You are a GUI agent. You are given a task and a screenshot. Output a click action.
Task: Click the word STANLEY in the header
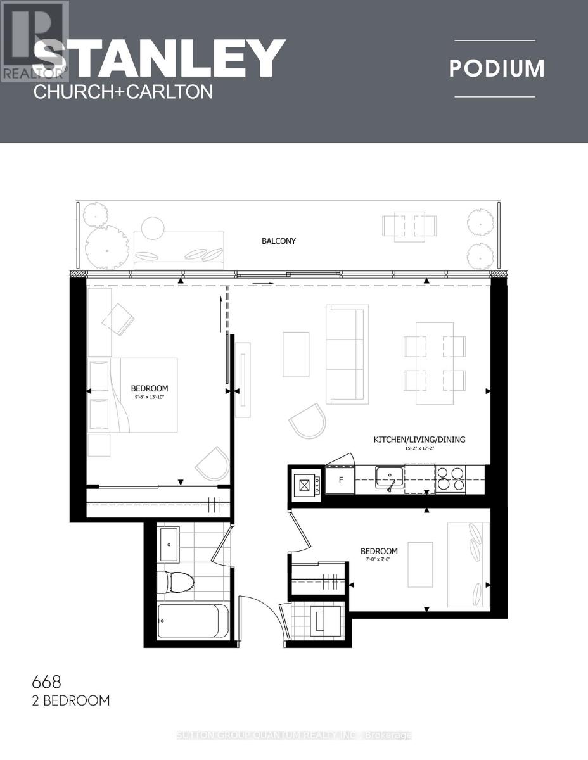(x=158, y=59)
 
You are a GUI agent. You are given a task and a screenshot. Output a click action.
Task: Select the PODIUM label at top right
(x=497, y=68)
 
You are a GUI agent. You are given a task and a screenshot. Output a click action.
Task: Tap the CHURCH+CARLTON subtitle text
(x=122, y=92)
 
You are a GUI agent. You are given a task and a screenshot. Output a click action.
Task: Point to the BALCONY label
(x=279, y=241)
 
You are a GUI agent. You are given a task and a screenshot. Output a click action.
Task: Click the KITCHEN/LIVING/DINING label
(x=424, y=439)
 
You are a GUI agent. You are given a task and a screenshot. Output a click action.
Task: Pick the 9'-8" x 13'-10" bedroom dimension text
(x=150, y=397)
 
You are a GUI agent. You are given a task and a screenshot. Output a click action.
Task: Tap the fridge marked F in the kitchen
(x=341, y=479)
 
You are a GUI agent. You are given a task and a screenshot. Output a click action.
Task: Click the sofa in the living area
(x=347, y=354)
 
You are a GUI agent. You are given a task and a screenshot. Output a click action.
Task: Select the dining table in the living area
(x=435, y=363)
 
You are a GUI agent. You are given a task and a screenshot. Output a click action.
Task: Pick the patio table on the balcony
(x=409, y=225)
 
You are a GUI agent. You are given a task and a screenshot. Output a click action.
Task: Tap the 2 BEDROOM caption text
(x=70, y=700)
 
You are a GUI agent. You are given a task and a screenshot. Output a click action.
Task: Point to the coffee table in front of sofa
(x=296, y=354)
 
